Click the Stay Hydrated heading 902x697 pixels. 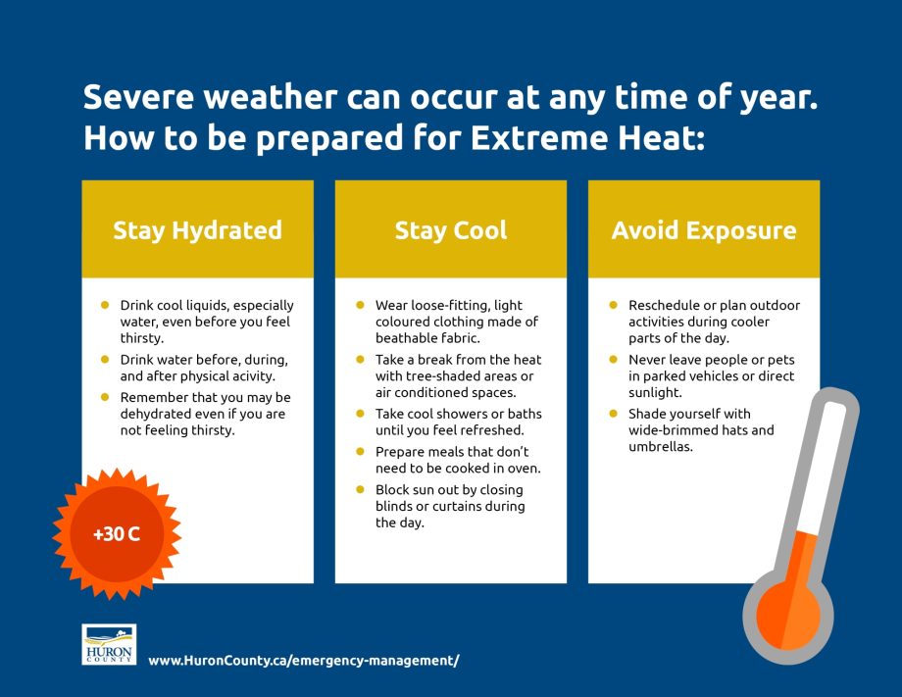point(197,231)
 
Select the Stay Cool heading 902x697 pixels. point(450,231)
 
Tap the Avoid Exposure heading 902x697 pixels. point(703,231)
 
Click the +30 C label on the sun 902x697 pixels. point(117,535)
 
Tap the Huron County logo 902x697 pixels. point(109,644)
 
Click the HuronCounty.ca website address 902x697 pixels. point(303,661)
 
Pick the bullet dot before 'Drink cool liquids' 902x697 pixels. point(105,305)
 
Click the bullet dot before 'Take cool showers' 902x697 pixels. point(360,414)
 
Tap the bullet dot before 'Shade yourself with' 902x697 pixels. point(613,414)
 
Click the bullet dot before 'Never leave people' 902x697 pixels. point(613,360)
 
